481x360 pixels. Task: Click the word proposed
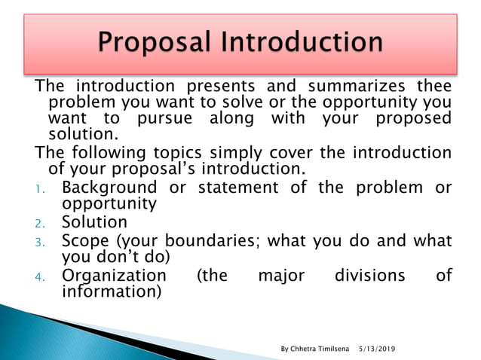click(413, 118)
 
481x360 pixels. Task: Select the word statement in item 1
click(240, 188)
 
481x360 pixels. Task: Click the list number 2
click(43, 224)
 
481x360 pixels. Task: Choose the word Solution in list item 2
click(94, 222)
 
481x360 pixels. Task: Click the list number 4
click(43, 277)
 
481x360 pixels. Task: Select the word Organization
click(114, 276)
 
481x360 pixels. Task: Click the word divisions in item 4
click(367, 276)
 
